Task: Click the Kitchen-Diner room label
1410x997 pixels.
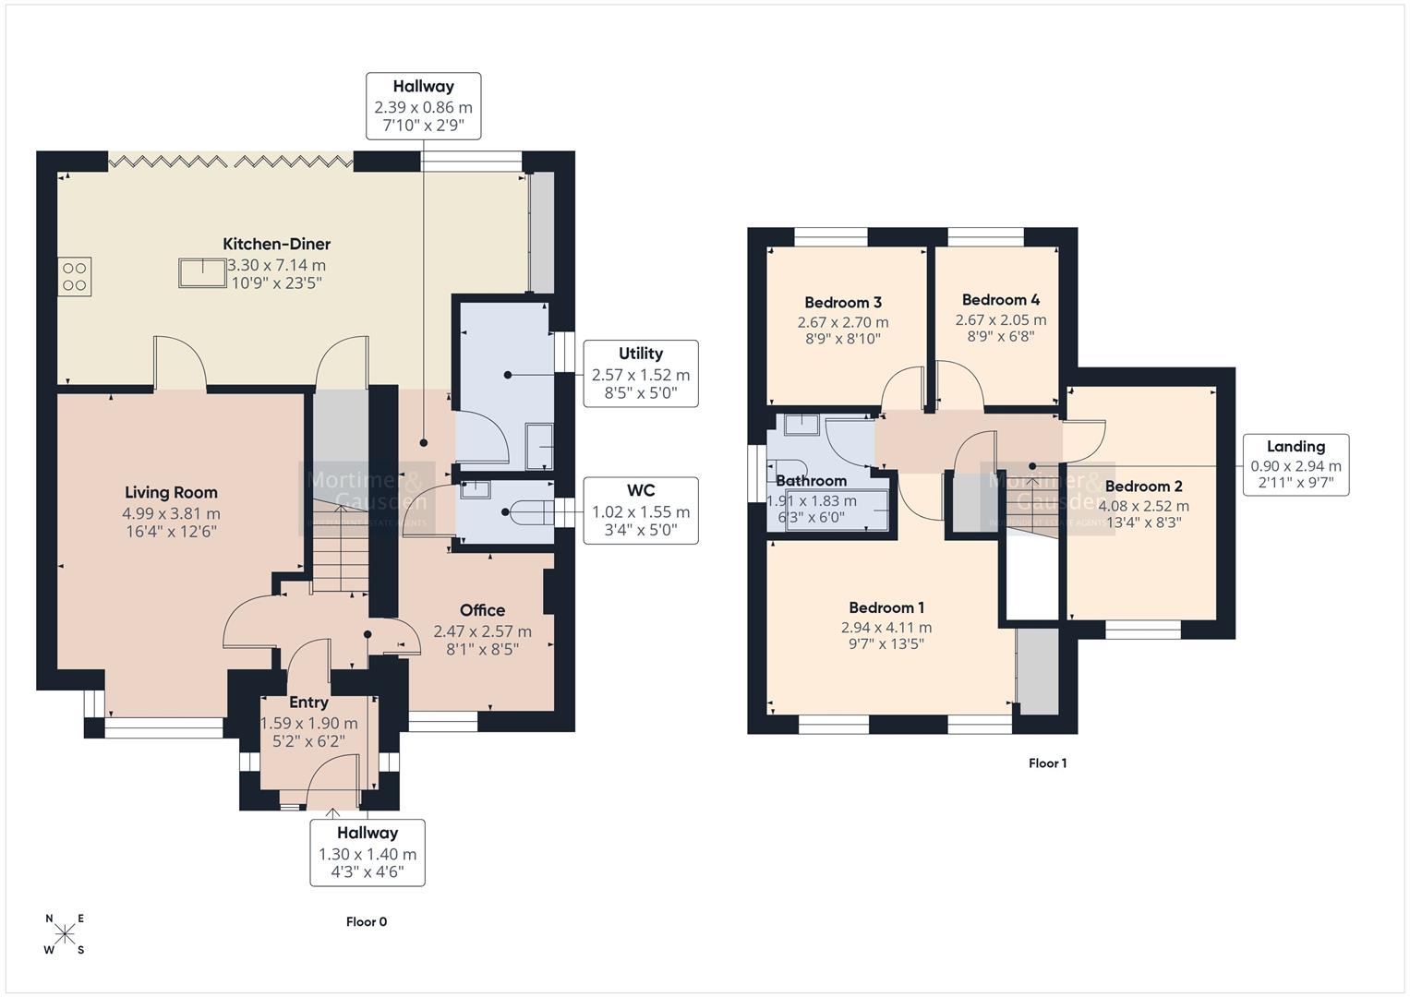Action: (276, 245)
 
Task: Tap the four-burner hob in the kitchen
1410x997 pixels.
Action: (75, 276)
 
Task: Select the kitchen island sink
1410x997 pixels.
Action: (202, 273)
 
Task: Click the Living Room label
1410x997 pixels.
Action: (171, 493)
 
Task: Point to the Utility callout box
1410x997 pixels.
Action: (640, 374)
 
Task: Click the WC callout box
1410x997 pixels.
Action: (640, 511)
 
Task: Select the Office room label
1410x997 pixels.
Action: (482, 610)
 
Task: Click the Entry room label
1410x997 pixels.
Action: (308, 703)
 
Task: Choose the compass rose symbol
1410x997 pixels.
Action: (65, 933)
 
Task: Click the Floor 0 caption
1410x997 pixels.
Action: (367, 921)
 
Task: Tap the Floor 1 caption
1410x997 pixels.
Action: (1047, 763)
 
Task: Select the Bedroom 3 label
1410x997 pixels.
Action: (842, 303)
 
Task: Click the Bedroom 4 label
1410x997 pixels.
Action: (1000, 300)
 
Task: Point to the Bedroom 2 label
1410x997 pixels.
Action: (1143, 486)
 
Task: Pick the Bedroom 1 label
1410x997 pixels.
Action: (886, 607)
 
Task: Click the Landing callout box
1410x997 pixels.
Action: (1296, 465)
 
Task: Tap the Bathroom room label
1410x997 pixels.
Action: (811, 481)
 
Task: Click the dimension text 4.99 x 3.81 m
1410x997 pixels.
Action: (171, 513)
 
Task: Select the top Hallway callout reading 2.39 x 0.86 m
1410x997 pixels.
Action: (423, 106)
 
